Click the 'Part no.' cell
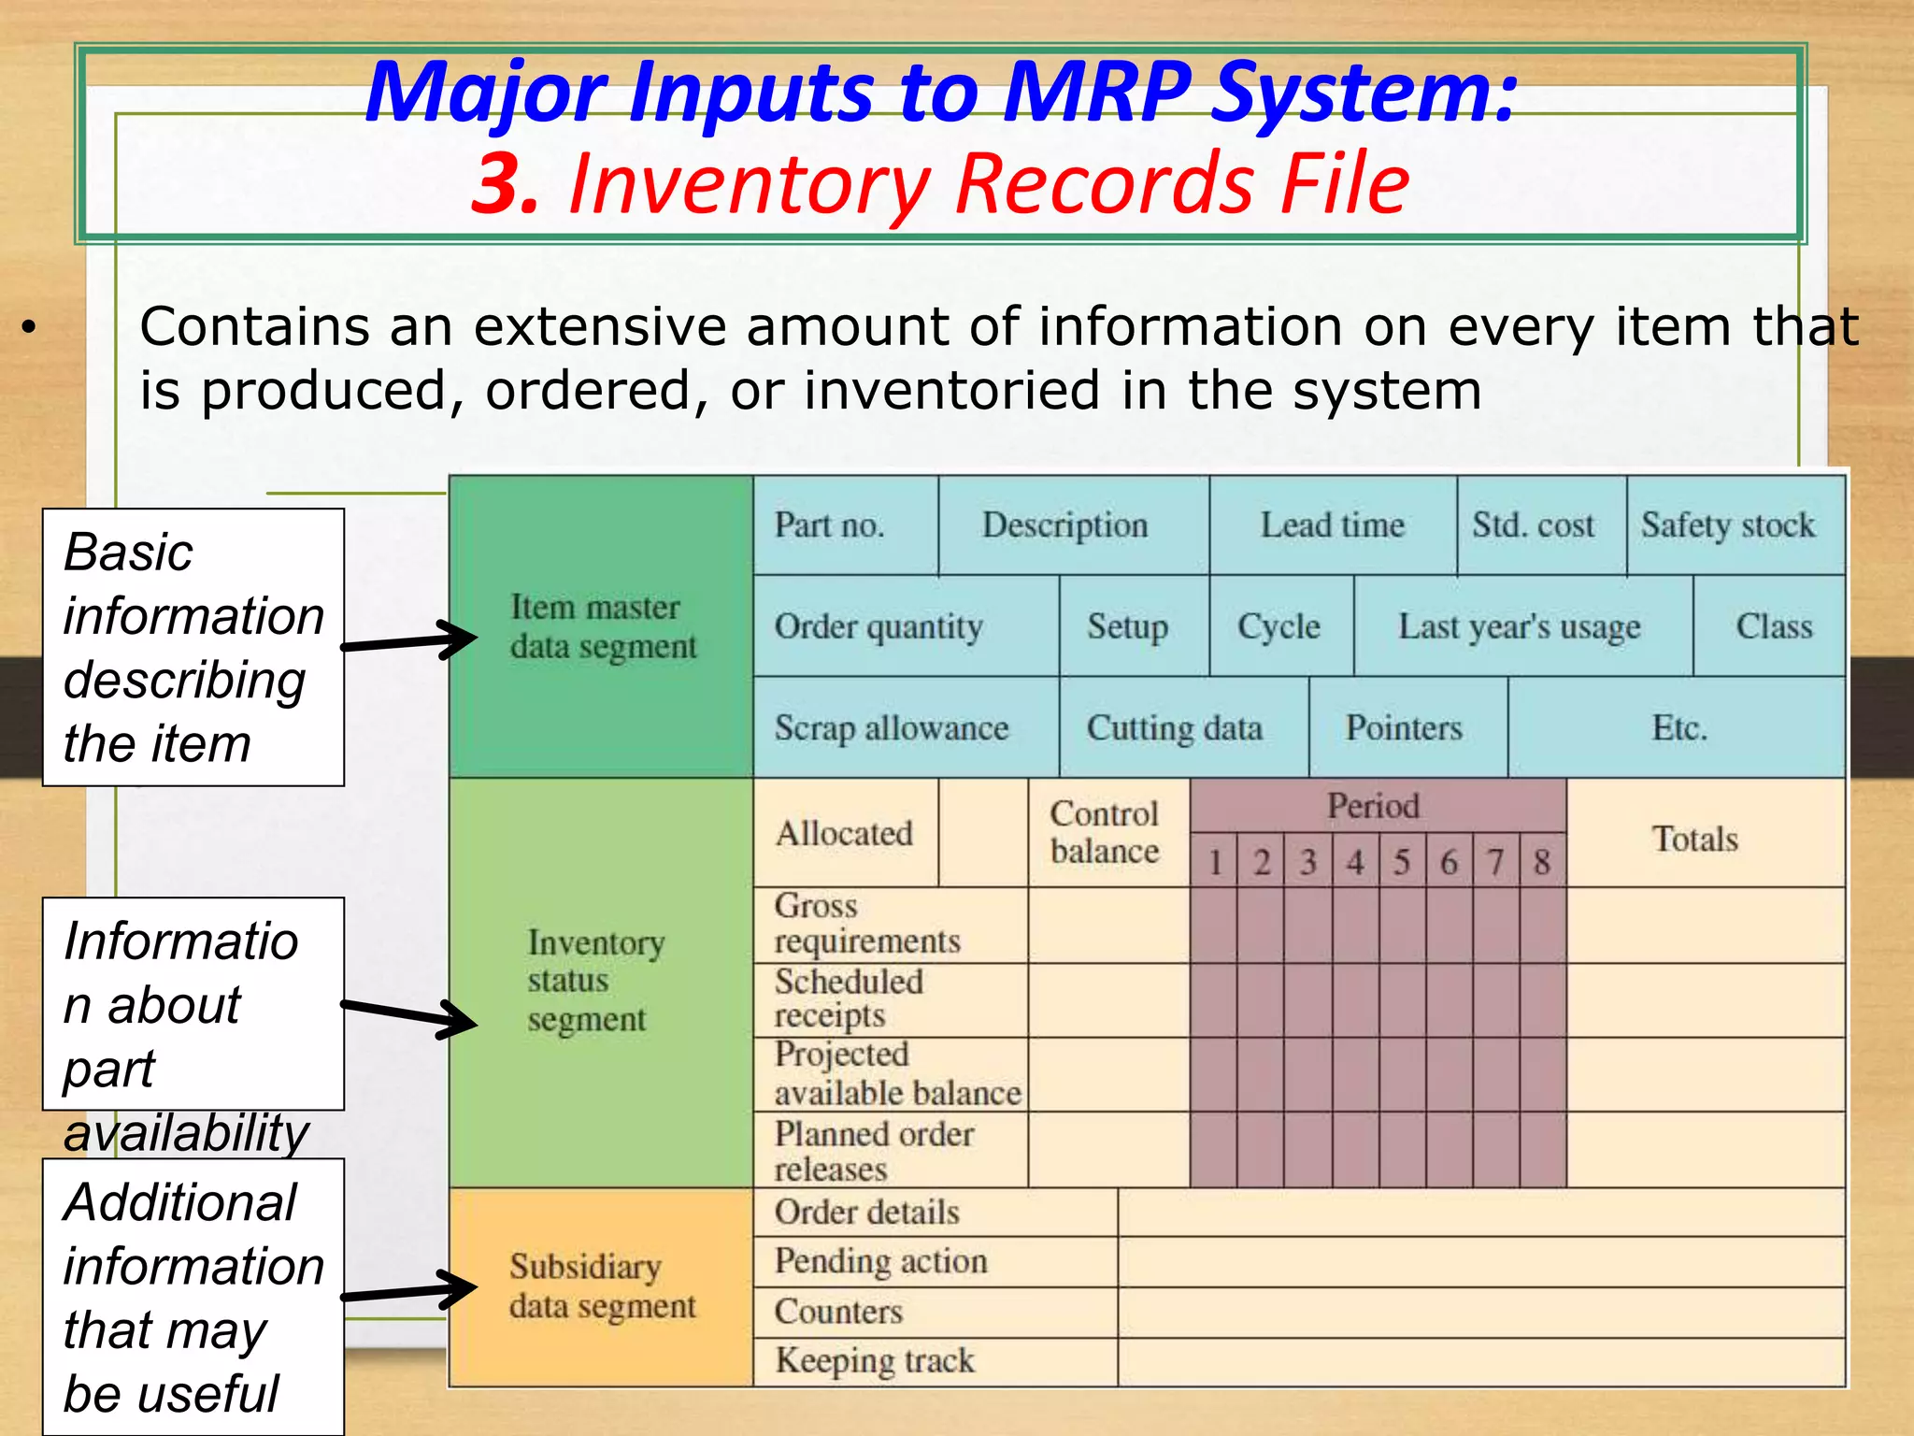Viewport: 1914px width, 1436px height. (x=830, y=525)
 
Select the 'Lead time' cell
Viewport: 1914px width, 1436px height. (x=1332, y=525)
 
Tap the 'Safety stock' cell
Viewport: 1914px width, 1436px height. (x=1728, y=525)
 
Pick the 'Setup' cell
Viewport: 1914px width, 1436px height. (x=1127, y=626)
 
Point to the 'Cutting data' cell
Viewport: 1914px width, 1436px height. (x=1174, y=727)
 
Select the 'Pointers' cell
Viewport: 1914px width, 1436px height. (x=1403, y=727)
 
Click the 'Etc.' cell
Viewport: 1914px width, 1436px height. (x=1678, y=727)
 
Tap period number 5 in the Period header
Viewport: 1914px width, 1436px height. (x=1401, y=861)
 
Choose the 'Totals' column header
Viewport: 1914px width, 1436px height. (x=1694, y=839)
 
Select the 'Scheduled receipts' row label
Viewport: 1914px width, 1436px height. (x=848, y=998)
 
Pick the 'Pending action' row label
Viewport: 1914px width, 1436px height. (x=880, y=1261)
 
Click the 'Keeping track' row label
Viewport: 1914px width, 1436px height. (x=875, y=1360)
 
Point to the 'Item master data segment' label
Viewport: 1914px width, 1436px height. (x=603, y=626)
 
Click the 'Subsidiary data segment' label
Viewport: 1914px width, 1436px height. (x=603, y=1285)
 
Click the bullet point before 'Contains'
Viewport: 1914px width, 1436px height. (x=29, y=327)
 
